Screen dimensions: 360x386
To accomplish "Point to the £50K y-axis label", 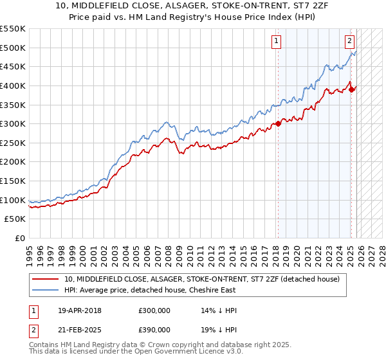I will pyautogui.click(x=15, y=219).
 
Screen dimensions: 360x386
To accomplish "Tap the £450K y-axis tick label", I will pyautogui.click(x=13, y=66).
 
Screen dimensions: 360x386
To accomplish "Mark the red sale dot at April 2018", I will pyautogui.click(x=278, y=123).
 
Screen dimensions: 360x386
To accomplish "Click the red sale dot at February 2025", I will pyautogui.click(x=351, y=89).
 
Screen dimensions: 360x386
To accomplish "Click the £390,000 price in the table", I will pyautogui.click(x=154, y=329).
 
